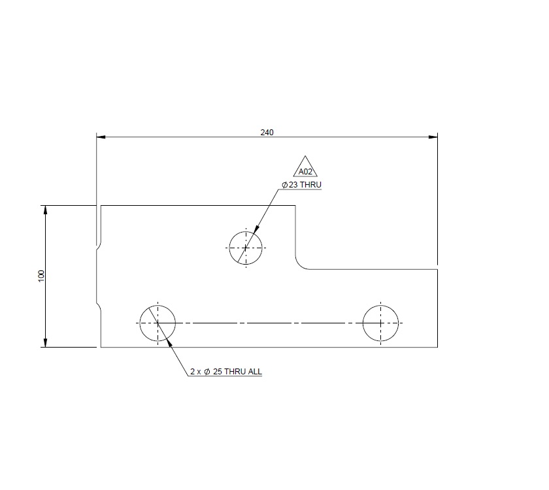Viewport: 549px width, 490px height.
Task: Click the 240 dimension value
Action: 267,132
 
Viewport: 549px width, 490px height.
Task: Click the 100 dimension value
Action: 41,276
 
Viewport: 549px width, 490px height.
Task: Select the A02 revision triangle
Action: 305,168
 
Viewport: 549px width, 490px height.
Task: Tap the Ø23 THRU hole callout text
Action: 302,185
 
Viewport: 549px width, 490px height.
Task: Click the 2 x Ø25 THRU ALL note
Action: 225,371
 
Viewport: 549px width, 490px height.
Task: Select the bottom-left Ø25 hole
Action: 158,323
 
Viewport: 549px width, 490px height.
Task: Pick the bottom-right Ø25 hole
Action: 381,323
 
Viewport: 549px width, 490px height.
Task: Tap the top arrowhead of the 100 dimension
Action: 45,210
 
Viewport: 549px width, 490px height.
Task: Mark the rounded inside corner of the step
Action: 300,264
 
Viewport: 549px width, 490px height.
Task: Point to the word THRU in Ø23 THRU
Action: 311,185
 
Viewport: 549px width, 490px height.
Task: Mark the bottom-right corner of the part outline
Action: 437,347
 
